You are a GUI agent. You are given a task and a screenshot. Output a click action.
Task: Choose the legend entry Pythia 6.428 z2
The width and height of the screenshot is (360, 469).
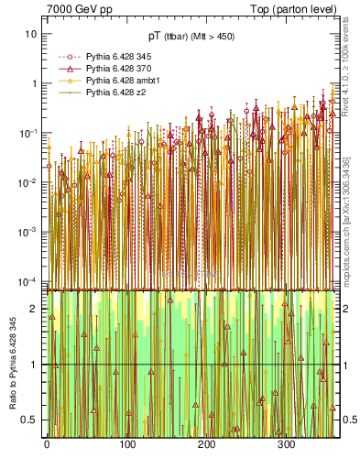pyautogui.click(x=113, y=93)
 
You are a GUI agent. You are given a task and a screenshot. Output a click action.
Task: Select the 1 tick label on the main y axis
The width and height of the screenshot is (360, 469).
pyautogui.click(x=35, y=83)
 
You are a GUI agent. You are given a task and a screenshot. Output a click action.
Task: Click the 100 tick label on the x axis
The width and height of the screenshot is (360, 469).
pyautogui.click(x=126, y=445)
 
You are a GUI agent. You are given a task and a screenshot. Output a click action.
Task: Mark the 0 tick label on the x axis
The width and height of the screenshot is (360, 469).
pyautogui.click(x=47, y=445)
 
